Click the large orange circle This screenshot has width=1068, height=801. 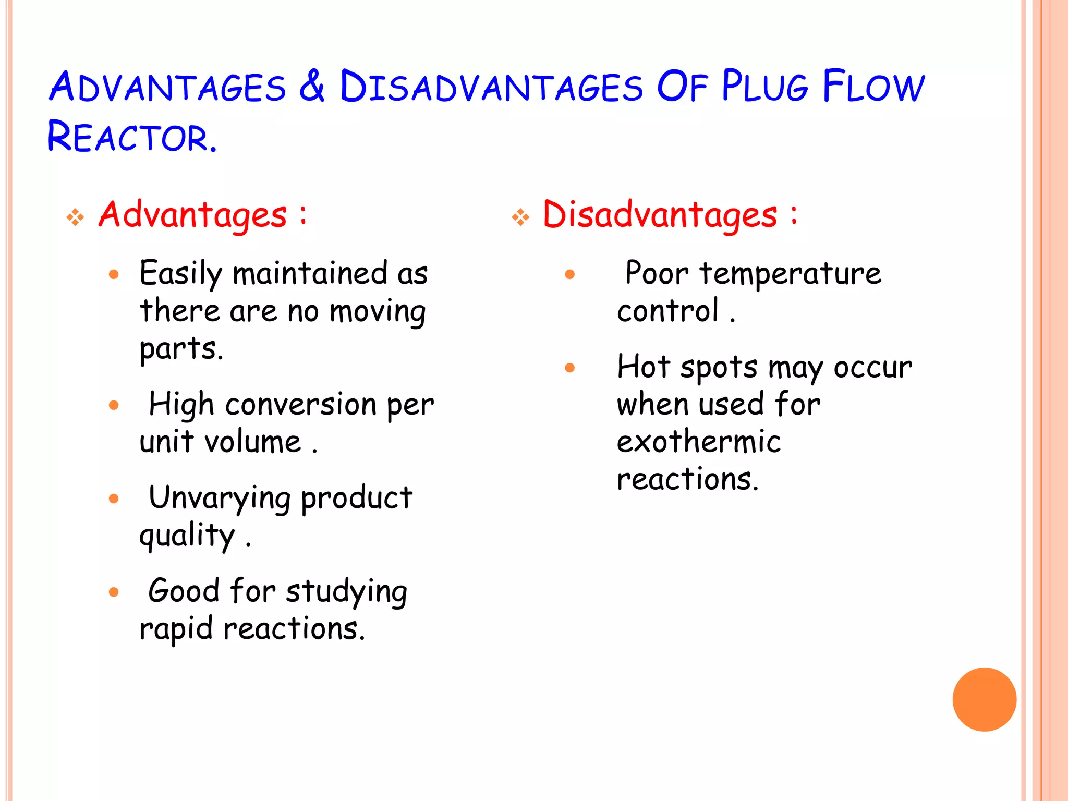click(x=984, y=699)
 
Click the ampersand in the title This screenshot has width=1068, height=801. click(x=312, y=86)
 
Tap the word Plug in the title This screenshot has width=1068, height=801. click(x=764, y=86)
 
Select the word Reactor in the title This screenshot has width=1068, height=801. click(x=131, y=137)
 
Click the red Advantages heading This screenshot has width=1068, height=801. click(x=193, y=215)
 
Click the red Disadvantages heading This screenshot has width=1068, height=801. click(x=660, y=215)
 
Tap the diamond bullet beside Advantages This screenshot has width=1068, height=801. click(x=76, y=217)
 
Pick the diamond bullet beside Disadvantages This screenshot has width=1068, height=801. click(x=520, y=217)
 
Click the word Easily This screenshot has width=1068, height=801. click(x=181, y=274)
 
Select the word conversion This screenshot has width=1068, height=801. click(x=300, y=405)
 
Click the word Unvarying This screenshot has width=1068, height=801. click(x=220, y=499)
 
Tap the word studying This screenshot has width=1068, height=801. click(x=346, y=592)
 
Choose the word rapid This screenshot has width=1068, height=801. click(x=176, y=629)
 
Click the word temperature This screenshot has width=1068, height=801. click(x=790, y=274)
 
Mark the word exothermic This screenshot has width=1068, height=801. click(x=699, y=442)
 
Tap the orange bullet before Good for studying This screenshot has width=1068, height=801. click(x=114, y=592)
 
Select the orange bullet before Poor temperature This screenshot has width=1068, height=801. click(x=569, y=274)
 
